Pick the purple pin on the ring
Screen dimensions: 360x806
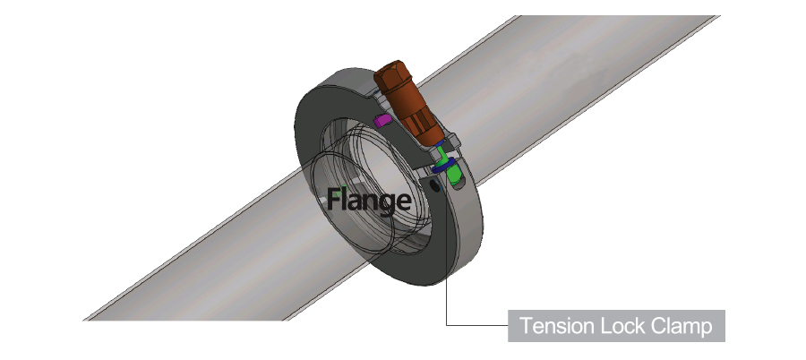click(x=381, y=120)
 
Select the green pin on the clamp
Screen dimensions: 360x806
click(x=456, y=173)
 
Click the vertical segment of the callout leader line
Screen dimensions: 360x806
click(x=447, y=300)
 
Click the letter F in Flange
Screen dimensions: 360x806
click(x=332, y=198)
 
